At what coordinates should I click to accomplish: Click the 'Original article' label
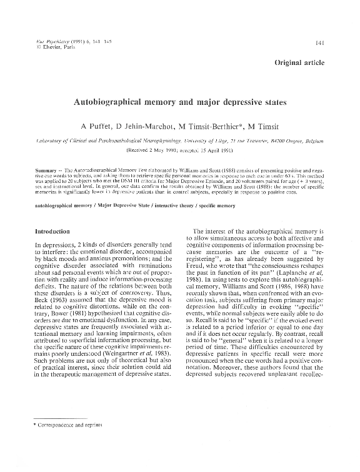pos(309,64)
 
